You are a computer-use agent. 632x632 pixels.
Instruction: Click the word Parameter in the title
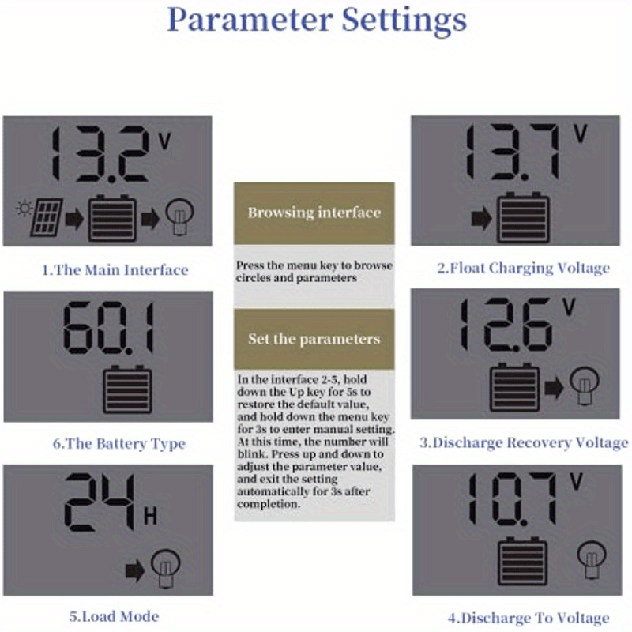(x=250, y=19)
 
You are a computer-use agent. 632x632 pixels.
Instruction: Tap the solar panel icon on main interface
(x=47, y=217)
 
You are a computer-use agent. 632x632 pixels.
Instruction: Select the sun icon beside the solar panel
(x=24, y=209)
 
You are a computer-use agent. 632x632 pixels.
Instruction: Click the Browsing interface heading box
(x=314, y=213)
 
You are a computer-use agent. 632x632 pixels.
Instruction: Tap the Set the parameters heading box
(x=314, y=339)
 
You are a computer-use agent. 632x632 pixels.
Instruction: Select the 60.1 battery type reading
(x=108, y=328)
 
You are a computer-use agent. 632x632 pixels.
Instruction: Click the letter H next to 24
(x=150, y=517)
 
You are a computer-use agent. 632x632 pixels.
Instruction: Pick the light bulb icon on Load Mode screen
(x=166, y=569)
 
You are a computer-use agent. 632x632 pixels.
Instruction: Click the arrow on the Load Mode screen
(x=135, y=570)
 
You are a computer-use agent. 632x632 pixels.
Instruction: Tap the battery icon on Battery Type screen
(x=127, y=389)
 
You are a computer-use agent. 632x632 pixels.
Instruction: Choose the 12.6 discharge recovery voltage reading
(x=506, y=325)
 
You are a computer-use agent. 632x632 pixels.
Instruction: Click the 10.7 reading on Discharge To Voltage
(x=512, y=500)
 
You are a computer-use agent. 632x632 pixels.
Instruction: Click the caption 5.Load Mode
(x=114, y=616)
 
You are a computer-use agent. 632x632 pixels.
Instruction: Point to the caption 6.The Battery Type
(x=119, y=444)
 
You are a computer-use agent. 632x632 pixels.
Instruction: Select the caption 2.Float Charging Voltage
(x=523, y=269)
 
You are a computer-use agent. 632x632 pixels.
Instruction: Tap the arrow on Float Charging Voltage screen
(x=481, y=219)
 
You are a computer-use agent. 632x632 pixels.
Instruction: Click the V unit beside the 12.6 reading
(x=569, y=307)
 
